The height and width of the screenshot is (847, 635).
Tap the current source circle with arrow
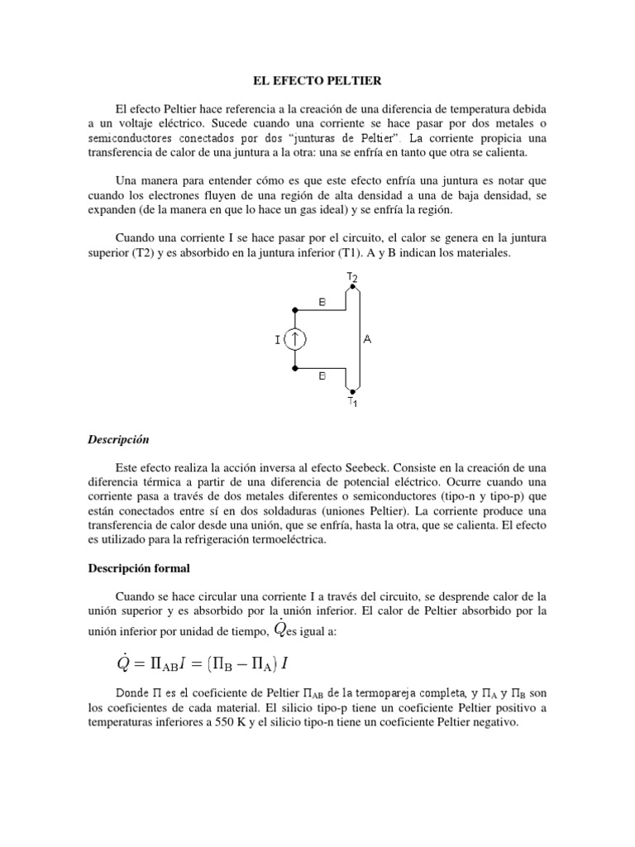click(x=294, y=337)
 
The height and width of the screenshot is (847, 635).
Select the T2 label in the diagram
click(x=352, y=276)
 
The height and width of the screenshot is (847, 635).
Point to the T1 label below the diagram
click(x=352, y=402)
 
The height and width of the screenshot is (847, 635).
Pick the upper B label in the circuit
click(x=322, y=303)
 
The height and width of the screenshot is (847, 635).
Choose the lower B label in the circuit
click(x=322, y=374)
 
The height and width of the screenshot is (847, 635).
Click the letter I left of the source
click(x=277, y=337)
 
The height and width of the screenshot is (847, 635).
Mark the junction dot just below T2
click(x=352, y=287)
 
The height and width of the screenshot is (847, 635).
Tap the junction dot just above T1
click(x=352, y=390)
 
